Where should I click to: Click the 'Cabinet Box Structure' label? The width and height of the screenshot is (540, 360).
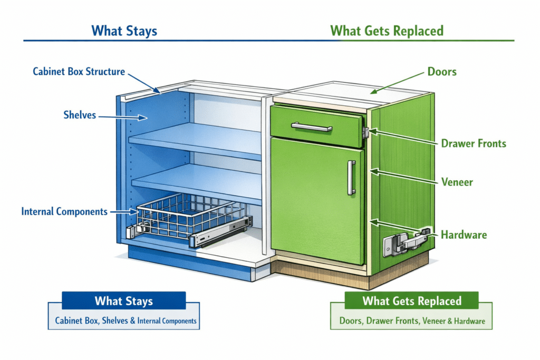click(79, 71)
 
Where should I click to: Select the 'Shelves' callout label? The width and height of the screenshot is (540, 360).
click(80, 114)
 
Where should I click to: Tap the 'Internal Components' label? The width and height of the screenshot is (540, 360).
click(64, 211)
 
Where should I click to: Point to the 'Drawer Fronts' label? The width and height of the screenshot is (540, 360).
click(474, 143)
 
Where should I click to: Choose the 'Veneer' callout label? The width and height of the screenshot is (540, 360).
click(457, 182)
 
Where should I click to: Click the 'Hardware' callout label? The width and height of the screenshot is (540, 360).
click(464, 235)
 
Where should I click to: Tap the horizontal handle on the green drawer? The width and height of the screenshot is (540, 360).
click(312, 127)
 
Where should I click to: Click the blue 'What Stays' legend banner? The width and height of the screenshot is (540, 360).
click(123, 301)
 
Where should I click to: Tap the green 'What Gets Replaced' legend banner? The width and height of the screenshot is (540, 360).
click(411, 301)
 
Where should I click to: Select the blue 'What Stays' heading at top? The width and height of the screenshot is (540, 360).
click(124, 31)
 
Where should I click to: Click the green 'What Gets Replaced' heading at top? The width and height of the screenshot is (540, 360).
click(387, 31)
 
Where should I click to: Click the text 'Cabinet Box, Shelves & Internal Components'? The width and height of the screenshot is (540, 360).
click(126, 320)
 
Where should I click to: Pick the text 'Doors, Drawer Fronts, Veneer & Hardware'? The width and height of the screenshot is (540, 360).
click(411, 320)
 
